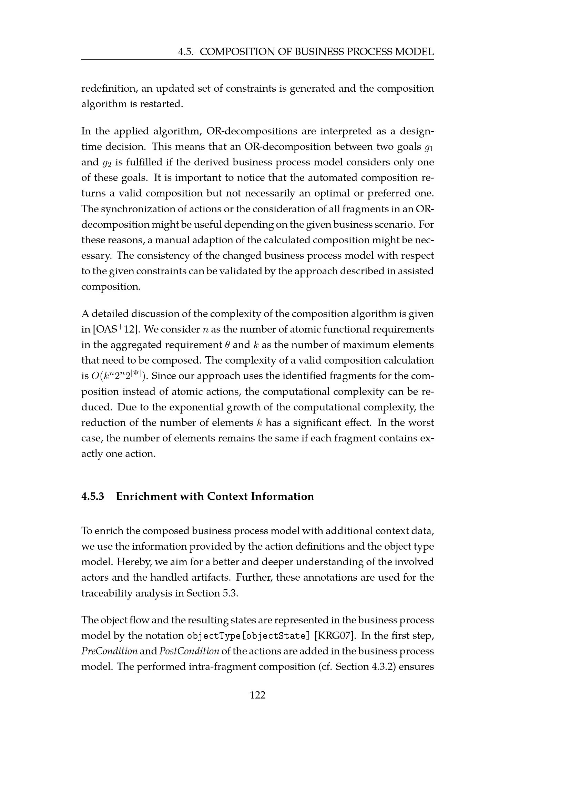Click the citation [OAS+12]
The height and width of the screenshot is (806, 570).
click(x=114, y=330)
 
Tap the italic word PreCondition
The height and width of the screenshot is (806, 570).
click(x=109, y=651)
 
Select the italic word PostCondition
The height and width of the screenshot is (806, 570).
click(x=189, y=651)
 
